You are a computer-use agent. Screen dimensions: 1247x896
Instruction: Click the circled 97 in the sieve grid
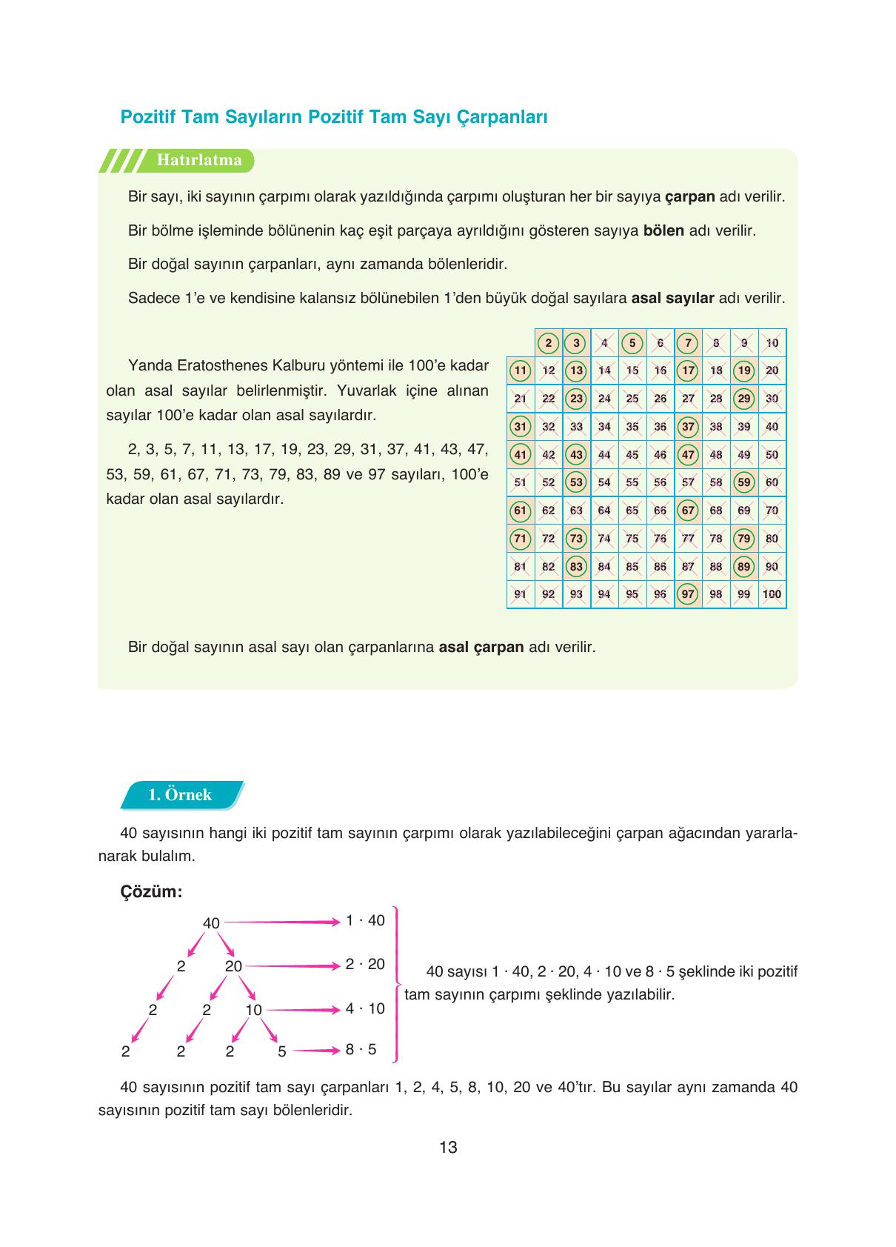coord(688,594)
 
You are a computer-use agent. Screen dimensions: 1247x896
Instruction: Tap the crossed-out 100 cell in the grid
coord(772,594)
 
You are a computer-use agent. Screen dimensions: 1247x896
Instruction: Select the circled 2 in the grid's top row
coord(548,343)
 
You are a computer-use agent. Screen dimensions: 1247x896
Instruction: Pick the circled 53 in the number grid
coord(576,482)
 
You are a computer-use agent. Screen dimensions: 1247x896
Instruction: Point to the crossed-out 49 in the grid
coord(743,455)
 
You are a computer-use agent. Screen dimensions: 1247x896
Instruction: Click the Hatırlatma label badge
coord(200,160)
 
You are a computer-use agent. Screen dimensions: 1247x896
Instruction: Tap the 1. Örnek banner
coord(181,795)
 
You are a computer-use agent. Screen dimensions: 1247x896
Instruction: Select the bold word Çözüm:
coord(151,891)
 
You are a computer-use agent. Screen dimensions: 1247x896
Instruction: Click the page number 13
coord(448,1148)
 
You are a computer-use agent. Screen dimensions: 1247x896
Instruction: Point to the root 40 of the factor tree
coord(211,923)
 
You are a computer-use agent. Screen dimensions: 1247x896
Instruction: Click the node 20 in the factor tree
coord(233,966)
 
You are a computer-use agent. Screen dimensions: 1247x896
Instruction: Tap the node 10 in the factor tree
coord(253,1010)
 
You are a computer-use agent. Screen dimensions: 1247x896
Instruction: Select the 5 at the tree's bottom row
coord(281,1051)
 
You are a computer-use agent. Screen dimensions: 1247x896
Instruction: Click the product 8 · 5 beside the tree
coord(361,1050)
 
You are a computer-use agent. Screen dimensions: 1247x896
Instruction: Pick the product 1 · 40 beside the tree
coord(365,921)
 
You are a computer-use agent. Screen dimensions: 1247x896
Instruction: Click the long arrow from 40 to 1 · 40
coord(281,922)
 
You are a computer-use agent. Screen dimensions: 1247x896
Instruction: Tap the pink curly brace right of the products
coord(397,984)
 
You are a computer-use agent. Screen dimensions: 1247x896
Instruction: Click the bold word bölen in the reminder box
coord(663,230)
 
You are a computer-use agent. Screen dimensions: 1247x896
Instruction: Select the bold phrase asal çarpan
coord(481,647)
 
